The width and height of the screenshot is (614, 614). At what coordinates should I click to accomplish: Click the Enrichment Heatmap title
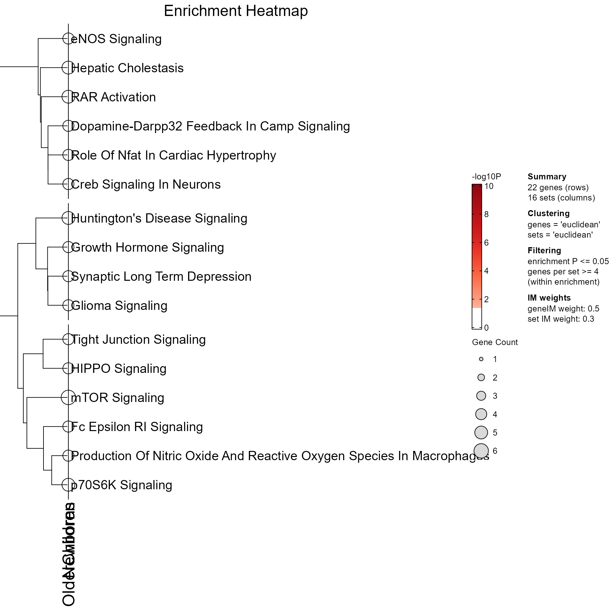coord(236,11)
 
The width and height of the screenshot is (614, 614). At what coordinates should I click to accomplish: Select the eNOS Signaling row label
coord(116,39)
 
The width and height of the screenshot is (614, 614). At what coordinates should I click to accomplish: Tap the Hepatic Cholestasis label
coord(127,68)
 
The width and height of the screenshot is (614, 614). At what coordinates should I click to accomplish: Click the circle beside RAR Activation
coord(68,97)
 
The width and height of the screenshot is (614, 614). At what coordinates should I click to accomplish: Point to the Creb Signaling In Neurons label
coord(146,185)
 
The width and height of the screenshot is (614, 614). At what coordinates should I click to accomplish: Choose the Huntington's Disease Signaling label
coord(159,218)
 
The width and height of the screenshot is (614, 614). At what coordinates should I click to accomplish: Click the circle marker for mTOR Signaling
coord(68,398)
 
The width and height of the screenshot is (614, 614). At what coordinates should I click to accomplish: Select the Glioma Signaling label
coord(119,306)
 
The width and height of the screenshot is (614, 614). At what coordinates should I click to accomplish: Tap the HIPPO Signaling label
coord(119,369)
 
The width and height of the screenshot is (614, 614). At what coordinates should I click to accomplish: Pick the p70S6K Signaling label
coord(122,485)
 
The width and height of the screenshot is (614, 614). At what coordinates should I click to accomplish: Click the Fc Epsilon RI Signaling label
coord(137,427)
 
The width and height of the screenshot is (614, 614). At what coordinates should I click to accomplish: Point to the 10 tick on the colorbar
coord(489,186)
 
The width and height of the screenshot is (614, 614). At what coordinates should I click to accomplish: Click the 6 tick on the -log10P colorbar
coord(486,243)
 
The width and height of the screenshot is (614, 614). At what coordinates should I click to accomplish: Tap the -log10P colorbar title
coord(486,177)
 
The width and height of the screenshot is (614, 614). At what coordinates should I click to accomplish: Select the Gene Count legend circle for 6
coord(481,451)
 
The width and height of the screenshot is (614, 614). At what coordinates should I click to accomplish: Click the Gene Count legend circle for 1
coord(481,359)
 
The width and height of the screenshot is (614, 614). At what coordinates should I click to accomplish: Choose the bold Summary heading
coord(547,177)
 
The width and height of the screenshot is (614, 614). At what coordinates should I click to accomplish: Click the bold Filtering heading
coord(544,250)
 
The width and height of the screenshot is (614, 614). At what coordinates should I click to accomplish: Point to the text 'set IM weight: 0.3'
coord(561,319)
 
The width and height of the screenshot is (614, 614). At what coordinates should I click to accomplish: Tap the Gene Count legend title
coord(495,342)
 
